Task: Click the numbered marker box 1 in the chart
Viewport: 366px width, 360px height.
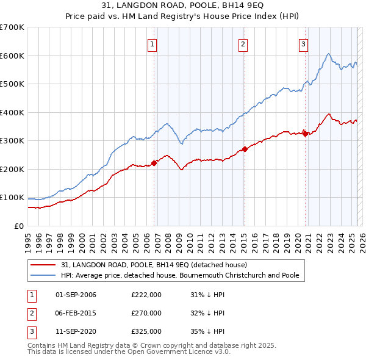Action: pyautogui.click(x=151, y=43)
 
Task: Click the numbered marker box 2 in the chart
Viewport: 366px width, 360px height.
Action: pyautogui.click(x=243, y=43)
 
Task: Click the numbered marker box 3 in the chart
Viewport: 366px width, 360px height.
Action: pyautogui.click(x=303, y=43)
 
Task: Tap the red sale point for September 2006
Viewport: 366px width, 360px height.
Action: pyautogui.click(x=154, y=162)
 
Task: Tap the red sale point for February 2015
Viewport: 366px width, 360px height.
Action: pyautogui.click(x=245, y=149)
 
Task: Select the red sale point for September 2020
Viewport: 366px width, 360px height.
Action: pyautogui.click(x=305, y=134)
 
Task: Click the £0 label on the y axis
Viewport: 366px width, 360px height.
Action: pyautogui.click(x=18, y=226)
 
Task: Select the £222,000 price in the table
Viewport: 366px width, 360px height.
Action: pyautogui.click(x=146, y=295)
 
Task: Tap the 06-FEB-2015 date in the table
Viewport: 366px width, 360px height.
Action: pyautogui.click(x=76, y=313)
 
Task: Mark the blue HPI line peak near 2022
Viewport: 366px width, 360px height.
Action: pyautogui.click(x=328, y=54)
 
